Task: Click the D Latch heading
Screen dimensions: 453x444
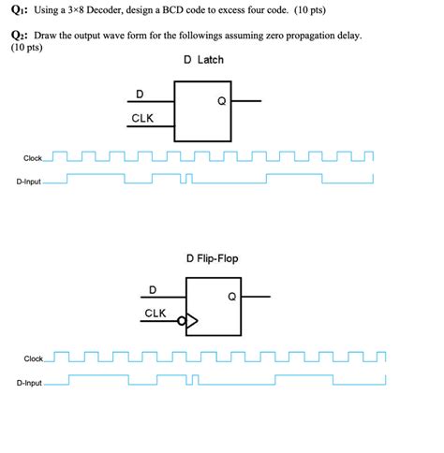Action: (203, 60)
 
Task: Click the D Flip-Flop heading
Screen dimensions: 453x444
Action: (212, 257)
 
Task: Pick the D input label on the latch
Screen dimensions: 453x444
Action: (141, 94)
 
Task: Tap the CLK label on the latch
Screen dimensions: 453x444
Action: (142, 119)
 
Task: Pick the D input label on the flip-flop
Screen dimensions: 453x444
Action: (154, 288)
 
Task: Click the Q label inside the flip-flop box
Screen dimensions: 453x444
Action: (231, 297)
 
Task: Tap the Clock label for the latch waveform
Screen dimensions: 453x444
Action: (32, 158)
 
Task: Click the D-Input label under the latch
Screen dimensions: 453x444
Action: (29, 182)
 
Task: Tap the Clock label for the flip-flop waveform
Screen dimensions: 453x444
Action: (34, 358)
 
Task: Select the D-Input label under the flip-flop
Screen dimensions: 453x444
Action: (29, 383)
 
